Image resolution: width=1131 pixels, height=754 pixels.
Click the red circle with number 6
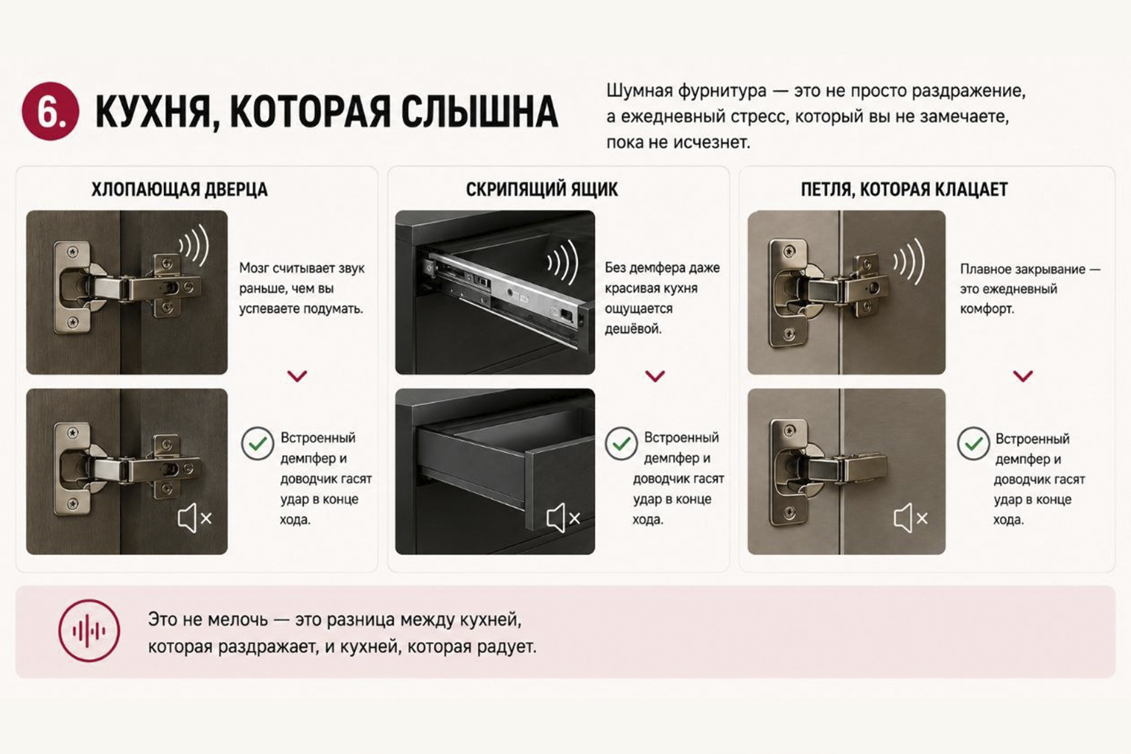click(x=51, y=111)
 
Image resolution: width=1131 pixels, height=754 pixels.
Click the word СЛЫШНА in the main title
click(x=480, y=112)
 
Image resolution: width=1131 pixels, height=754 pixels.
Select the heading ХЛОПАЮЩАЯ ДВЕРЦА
click(x=180, y=189)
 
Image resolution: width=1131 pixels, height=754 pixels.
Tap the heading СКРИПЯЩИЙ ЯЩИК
click(x=542, y=189)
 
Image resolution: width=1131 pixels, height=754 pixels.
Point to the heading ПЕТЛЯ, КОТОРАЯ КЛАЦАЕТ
click(x=904, y=189)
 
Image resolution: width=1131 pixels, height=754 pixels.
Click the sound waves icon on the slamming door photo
click(x=194, y=245)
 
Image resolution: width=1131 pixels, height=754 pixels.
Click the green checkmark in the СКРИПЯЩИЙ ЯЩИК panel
click(x=621, y=443)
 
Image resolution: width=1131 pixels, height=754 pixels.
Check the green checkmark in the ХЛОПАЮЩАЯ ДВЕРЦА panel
click(x=258, y=443)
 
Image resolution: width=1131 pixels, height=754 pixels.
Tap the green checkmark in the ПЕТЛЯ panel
click(x=973, y=443)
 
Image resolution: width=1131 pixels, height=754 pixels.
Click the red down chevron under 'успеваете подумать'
click(x=297, y=376)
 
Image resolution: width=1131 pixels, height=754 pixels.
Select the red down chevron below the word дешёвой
click(x=655, y=376)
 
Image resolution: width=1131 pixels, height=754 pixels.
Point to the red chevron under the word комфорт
click(x=1023, y=376)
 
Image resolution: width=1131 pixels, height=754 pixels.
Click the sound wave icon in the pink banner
click(x=89, y=631)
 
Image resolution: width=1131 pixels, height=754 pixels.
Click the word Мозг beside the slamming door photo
click(x=253, y=268)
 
